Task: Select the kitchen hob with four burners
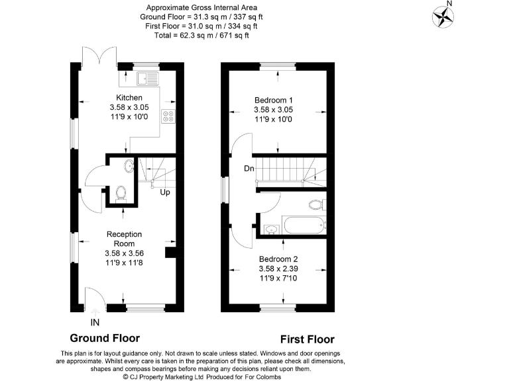pyautogui.click(x=168, y=118)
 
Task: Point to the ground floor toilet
pyautogui.click(x=121, y=192)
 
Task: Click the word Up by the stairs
pyautogui.click(x=164, y=192)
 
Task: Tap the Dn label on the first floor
pyautogui.click(x=249, y=169)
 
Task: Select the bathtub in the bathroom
pyautogui.click(x=304, y=225)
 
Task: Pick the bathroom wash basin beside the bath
pyautogui.click(x=270, y=230)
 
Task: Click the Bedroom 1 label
pyautogui.click(x=273, y=100)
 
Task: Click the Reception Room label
pyautogui.click(x=124, y=239)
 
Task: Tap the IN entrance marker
pyautogui.click(x=95, y=322)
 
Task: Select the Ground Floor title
pyautogui.click(x=105, y=338)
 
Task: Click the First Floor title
pyautogui.click(x=307, y=339)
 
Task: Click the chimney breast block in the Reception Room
pyautogui.click(x=170, y=252)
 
